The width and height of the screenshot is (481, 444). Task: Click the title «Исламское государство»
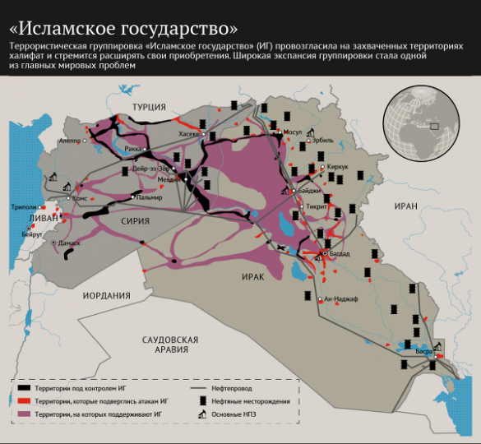[123, 17]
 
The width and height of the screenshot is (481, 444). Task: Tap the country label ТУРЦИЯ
[150, 107]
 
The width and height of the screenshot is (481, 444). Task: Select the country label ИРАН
[406, 206]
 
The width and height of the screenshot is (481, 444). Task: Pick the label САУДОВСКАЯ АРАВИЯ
[170, 344]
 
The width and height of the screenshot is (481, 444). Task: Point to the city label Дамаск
[68, 243]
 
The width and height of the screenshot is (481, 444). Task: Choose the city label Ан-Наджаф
[341, 298]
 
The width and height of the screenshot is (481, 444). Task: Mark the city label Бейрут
[32, 234]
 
